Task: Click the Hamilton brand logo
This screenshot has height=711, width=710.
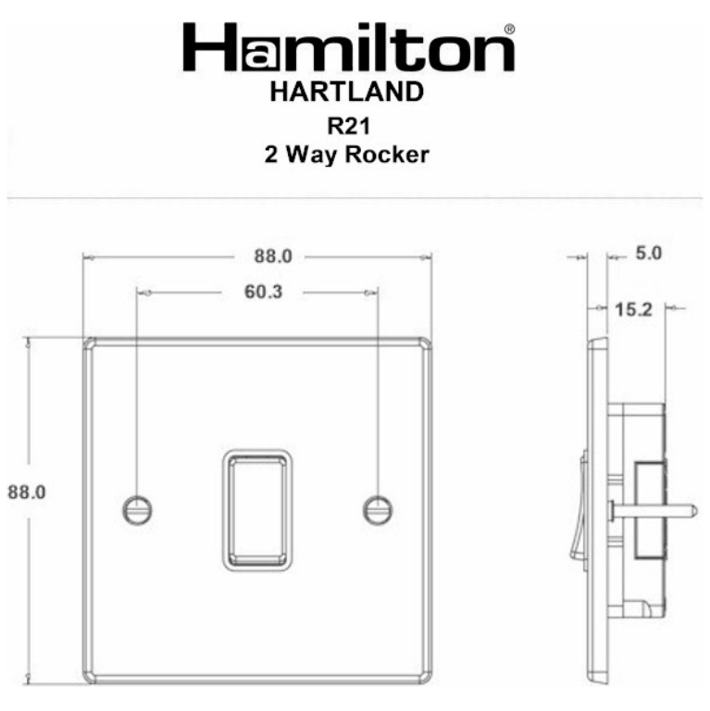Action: [349, 47]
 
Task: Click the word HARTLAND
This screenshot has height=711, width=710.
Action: [347, 92]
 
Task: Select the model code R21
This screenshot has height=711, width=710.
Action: [349, 126]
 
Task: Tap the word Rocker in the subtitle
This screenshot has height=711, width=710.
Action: [387, 155]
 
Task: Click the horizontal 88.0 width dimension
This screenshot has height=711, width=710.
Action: [273, 256]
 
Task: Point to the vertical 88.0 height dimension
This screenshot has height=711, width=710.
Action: [27, 492]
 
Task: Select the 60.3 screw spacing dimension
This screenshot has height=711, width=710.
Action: [264, 292]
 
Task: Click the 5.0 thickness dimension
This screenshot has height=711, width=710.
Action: [649, 253]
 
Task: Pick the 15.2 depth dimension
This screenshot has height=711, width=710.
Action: [633, 310]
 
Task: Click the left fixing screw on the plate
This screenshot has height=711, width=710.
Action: [137, 511]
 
